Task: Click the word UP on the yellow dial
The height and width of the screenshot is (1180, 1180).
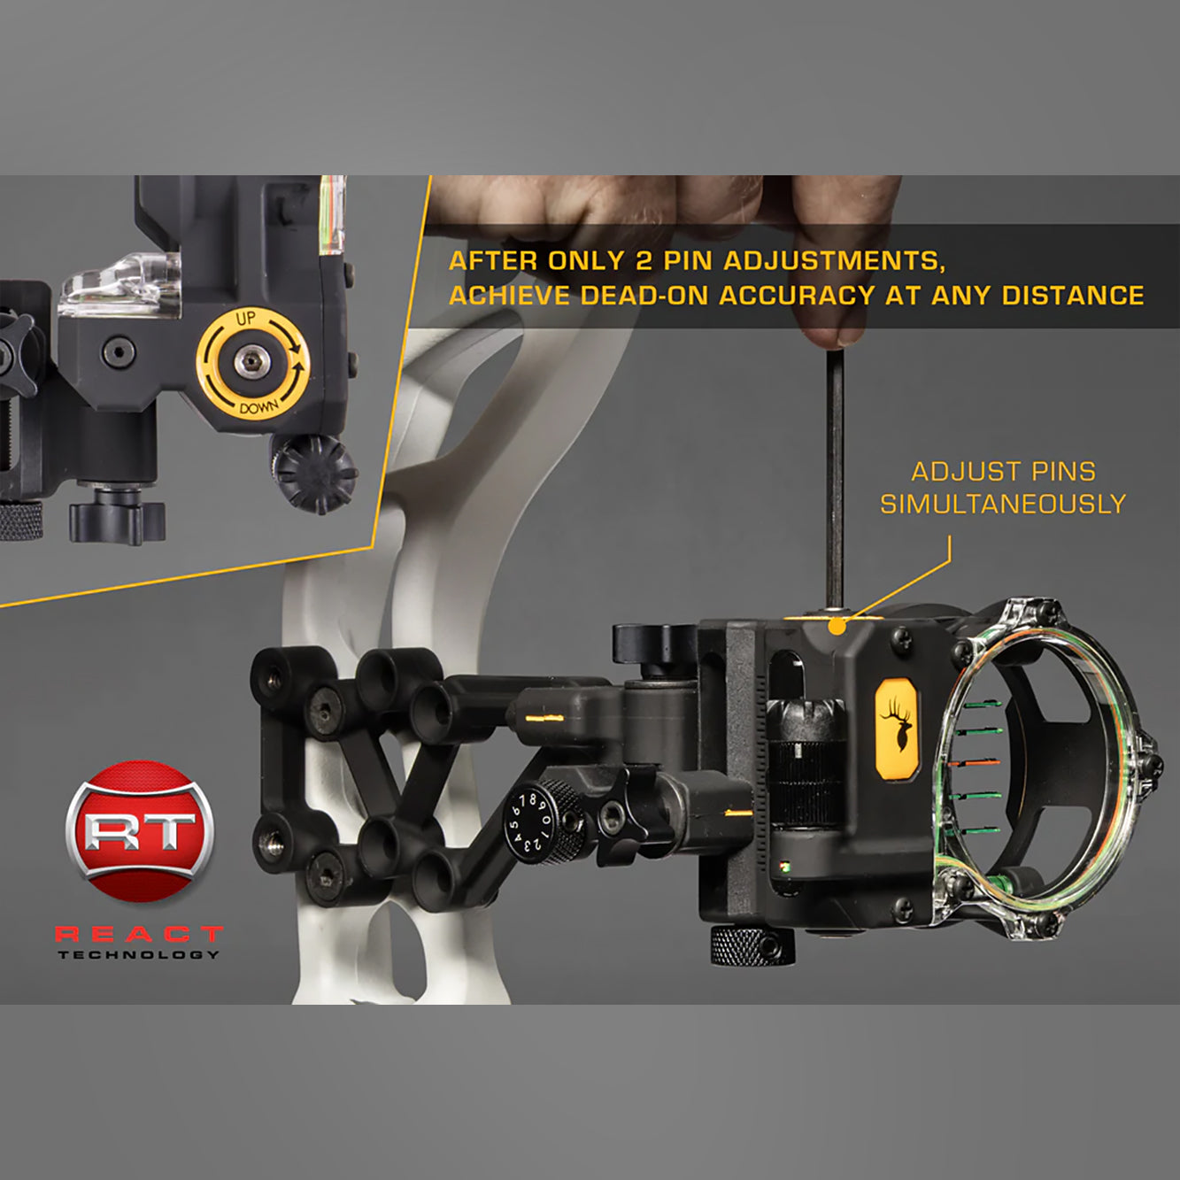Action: (x=246, y=318)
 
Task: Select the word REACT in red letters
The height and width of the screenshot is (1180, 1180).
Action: (x=139, y=934)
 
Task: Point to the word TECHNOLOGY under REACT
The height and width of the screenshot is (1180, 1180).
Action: (x=139, y=954)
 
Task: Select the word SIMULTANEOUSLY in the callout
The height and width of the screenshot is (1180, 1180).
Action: (x=1003, y=504)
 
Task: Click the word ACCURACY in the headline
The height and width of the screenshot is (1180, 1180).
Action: (x=798, y=296)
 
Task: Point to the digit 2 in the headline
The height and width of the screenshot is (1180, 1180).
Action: (x=643, y=261)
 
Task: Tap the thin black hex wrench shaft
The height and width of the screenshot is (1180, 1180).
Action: (x=835, y=479)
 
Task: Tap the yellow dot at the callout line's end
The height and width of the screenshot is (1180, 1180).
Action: (x=837, y=626)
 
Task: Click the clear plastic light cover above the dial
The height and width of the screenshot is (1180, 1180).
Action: (x=120, y=285)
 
